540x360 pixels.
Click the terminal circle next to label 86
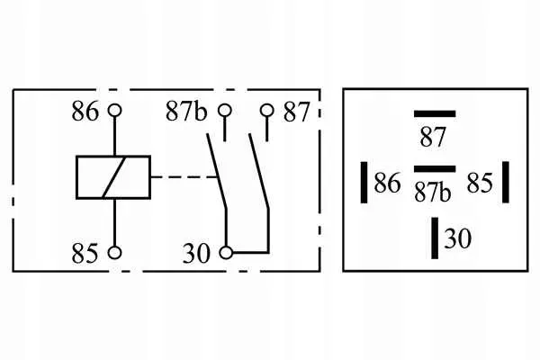114,111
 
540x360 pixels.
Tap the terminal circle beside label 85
114,253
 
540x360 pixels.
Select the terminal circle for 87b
225,111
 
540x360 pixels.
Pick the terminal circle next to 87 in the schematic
267,111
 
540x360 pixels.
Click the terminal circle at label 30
226,253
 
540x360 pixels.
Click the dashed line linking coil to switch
184,177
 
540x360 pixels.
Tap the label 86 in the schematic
85,111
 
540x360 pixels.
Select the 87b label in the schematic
186,111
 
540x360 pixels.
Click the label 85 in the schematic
85,253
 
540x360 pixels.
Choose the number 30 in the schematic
196,254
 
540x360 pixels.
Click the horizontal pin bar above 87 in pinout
435,114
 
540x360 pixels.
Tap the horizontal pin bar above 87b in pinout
435,169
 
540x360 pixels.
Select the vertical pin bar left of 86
364,182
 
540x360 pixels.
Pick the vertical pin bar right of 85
506,182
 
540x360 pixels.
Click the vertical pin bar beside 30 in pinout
435,238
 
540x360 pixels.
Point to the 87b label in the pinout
433,192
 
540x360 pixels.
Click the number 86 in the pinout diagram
387,183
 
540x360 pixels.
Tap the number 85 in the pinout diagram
480,183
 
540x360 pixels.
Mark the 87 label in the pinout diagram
433,137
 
